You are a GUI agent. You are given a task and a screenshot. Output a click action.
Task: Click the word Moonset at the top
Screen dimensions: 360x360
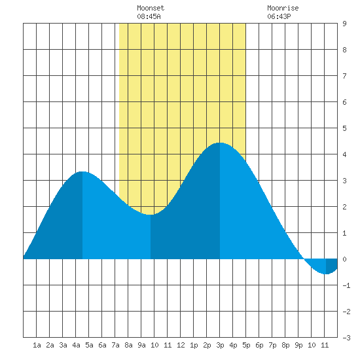pos(151,8)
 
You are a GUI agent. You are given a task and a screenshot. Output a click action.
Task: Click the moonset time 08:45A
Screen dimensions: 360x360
pos(149,16)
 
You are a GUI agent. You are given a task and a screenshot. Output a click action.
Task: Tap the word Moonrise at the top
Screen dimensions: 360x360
pos(283,8)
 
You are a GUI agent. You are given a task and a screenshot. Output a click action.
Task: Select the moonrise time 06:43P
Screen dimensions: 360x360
pos(279,16)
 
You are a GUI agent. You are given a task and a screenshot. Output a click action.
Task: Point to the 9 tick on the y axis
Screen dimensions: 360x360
pos(344,24)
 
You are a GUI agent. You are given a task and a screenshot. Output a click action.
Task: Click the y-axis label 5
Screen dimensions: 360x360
pos(344,128)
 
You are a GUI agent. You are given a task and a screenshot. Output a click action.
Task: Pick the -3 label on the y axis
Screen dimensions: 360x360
pos(346,338)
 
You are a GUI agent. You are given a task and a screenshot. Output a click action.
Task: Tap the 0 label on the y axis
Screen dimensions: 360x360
pos(344,259)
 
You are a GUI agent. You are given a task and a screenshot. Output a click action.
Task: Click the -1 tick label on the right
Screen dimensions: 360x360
pos(346,285)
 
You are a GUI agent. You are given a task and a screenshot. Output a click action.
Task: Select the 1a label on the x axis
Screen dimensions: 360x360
pos(37,345)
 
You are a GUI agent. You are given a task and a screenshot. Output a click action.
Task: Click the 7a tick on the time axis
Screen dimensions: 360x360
pos(115,345)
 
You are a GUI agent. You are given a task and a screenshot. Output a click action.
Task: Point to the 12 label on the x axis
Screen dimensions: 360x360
pos(181,345)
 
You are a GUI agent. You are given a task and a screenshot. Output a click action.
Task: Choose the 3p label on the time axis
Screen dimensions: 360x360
pos(220,345)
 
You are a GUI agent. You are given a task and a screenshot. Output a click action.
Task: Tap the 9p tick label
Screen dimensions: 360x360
pos(298,345)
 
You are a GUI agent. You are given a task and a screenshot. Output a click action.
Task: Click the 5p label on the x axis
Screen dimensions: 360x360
pos(246,345)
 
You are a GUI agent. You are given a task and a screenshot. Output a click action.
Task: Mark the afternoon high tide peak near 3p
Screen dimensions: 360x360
pos(220,143)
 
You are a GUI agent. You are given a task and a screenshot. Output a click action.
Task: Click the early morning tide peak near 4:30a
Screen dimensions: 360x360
pos(82,171)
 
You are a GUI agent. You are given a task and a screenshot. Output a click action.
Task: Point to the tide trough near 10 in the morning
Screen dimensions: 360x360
pos(151,215)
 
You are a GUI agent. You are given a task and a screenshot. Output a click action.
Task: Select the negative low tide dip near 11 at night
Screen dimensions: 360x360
pos(326,274)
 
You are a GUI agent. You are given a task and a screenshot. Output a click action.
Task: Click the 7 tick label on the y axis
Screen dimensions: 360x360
pos(344,76)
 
